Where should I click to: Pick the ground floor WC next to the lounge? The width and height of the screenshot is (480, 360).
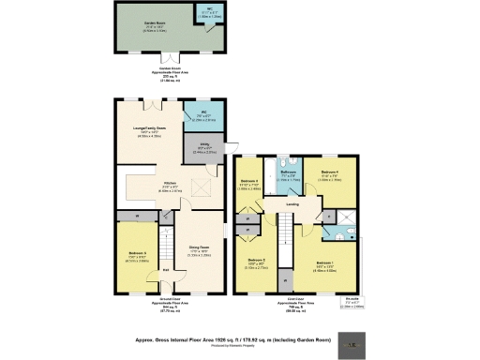pyautogui.click(x=202, y=117)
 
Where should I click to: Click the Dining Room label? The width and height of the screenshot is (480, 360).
pyautogui.click(x=198, y=249)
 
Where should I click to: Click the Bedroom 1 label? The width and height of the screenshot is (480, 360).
pyautogui.click(x=325, y=263)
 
